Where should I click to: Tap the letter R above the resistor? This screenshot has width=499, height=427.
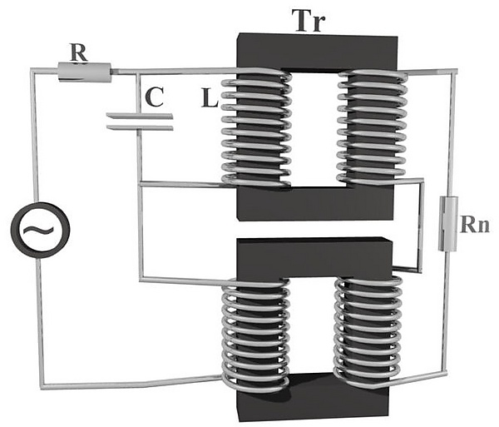click(79, 52)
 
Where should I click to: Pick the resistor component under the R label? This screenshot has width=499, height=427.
click(84, 72)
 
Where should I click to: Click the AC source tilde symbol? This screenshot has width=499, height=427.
click(40, 229)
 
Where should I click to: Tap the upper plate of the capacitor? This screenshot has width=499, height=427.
click(140, 116)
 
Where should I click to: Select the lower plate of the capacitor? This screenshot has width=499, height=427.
click(140, 127)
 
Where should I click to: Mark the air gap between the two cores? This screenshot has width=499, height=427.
click(314, 230)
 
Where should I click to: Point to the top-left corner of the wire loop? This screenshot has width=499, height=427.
click(33, 72)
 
